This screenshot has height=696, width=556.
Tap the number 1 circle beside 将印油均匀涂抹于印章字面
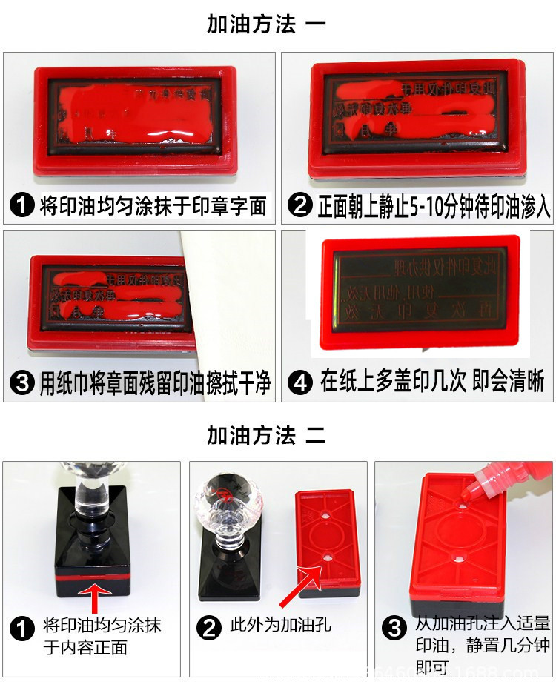[22, 205]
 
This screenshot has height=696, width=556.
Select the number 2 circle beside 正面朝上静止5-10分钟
[300, 205]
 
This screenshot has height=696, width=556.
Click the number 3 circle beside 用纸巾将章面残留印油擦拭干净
[22, 384]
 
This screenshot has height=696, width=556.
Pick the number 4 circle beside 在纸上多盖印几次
[300, 383]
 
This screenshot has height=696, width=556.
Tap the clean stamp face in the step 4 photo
[417, 292]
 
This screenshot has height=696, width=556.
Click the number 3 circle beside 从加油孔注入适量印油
[394, 628]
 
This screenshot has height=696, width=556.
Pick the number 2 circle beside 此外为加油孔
[210, 628]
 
